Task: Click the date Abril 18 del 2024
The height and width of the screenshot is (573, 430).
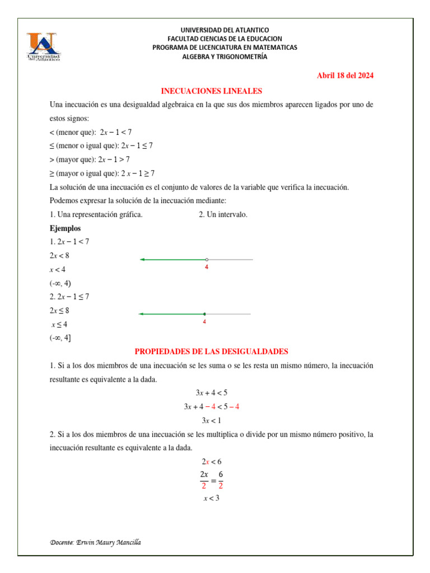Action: tap(345, 76)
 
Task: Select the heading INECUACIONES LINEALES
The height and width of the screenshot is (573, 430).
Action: tap(212, 91)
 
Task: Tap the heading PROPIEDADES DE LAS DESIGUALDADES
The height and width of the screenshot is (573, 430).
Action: tap(212, 351)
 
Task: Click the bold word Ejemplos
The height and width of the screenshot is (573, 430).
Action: tap(65, 228)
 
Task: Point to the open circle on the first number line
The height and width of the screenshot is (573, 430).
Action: tap(207, 260)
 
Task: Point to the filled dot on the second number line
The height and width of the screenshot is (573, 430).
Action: tap(204, 314)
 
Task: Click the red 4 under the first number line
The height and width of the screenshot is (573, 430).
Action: tap(207, 268)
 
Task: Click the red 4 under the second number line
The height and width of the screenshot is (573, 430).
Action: tap(204, 322)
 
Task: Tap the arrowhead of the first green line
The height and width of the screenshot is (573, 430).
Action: tap(142, 260)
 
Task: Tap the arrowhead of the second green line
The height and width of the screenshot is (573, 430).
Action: tap(141, 314)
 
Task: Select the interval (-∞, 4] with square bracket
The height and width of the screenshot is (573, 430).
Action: tap(60, 337)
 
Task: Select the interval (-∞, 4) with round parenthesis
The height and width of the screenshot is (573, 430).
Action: tap(60, 283)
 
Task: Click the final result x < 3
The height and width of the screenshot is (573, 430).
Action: tap(211, 498)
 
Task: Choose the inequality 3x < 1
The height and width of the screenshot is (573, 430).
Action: tap(211, 420)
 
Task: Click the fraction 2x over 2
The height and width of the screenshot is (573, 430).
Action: tap(204, 480)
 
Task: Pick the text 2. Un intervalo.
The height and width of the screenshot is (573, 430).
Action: tap(223, 215)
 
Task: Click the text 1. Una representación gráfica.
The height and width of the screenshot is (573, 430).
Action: tap(96, 215)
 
